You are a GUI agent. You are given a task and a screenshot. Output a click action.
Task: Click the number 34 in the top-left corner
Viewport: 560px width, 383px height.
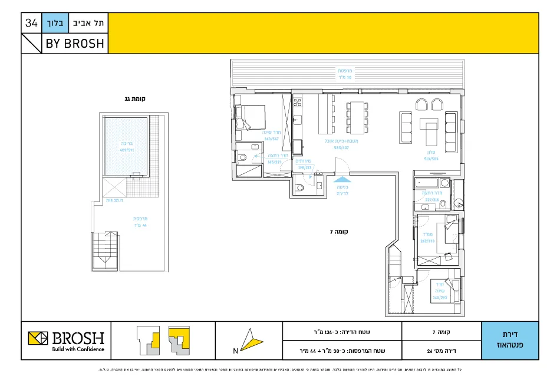(31, 24)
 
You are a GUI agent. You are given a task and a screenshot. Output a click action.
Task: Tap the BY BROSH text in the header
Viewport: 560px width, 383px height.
(74, 44)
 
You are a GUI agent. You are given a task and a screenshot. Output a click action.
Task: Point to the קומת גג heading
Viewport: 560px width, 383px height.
(135, 99)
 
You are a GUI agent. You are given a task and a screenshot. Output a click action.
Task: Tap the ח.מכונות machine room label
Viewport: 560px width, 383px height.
(114, 200)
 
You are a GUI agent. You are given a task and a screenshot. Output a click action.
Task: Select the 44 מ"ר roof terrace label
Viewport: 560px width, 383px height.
(140, 222)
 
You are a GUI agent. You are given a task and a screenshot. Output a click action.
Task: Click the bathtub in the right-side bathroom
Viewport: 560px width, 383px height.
(427, 183)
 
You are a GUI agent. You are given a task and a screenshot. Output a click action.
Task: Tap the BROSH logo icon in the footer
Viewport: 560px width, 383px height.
(38, 339)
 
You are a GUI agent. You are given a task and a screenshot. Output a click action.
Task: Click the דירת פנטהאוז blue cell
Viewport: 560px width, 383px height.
(509, 341)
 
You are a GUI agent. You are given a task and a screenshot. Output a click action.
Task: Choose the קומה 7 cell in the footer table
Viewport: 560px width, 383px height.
(442, 331)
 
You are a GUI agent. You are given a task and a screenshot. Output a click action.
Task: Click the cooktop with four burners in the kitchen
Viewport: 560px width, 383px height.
(297, 105)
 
